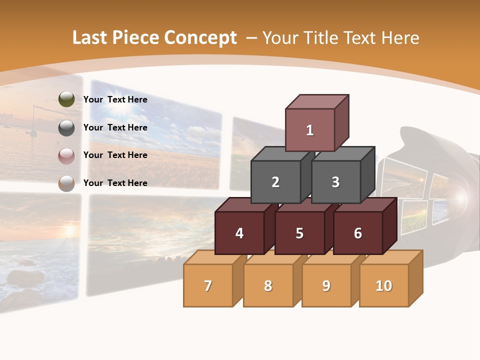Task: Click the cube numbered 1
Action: [310, 130]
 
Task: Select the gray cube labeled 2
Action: [275, 182]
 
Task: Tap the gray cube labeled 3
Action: [335, 182]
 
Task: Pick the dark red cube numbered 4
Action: [239, 233]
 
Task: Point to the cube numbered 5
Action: [299, 233]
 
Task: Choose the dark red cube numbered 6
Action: [358, 233]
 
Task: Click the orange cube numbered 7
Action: [208, 286]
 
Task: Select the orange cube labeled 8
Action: [268, 286]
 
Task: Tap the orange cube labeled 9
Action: [326, 286]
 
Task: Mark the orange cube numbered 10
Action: [384, 286]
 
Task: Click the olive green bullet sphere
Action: [66, 99]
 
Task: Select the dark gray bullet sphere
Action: [66, 128]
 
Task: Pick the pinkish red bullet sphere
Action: [66, 156]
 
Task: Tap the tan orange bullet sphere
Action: [66, 183]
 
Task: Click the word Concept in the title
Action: [201, 38]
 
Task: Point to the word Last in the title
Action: [90, 38]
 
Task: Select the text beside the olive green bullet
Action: [115, 99]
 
